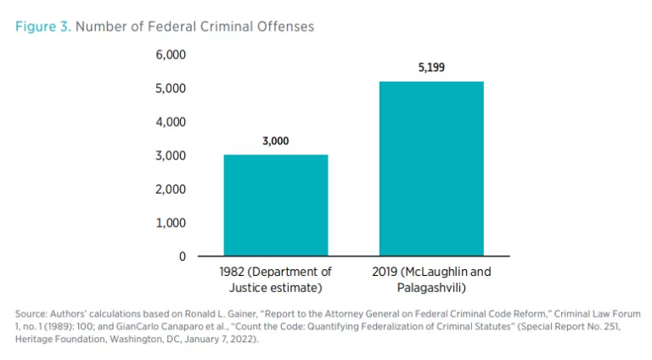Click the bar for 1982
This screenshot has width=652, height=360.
pyautogui.click(x=275, y=205)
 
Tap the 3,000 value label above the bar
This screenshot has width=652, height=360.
pyautogui.click(x=275, y=141)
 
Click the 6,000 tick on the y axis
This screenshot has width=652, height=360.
pyautogui.click(x=170, y=55)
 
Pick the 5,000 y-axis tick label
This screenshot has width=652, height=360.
pyautogui.click(x=170, y=88)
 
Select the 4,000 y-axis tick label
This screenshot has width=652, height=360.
pyautogui.click(x=170, y=122)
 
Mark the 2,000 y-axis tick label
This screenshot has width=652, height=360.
pyautogui.click(x=170, y=189)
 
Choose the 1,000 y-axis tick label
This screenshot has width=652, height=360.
pyautogui.click(x=170, y=222)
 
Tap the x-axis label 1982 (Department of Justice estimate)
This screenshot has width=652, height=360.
pyautogui.click(x=275, y=280)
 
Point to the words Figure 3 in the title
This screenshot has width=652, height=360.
pyautogui.click(x=42, y=26)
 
